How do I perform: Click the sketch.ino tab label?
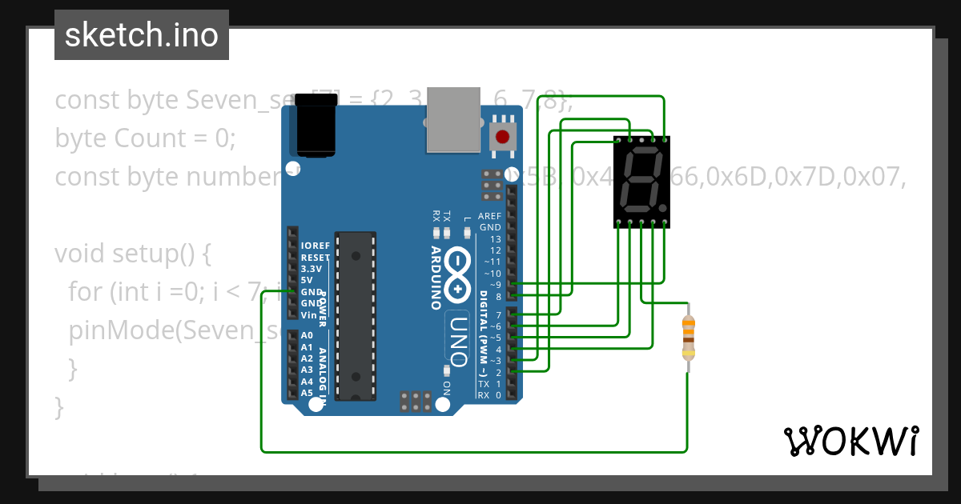(142, 35)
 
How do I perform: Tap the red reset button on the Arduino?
(502, 136)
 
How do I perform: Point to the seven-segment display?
(641, 182)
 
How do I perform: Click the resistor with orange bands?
(688, 338)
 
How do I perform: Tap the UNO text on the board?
(457, 339)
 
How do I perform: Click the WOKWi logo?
(850, 440)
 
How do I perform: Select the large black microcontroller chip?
(355, 315)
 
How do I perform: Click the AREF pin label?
(489, 216)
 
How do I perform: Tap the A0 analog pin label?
(307, 336)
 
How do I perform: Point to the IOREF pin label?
(315, 246)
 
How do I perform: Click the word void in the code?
(79, 254)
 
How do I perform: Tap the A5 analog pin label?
(307, 393)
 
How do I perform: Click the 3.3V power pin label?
(311, 269)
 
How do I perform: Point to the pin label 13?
(495, 239)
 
